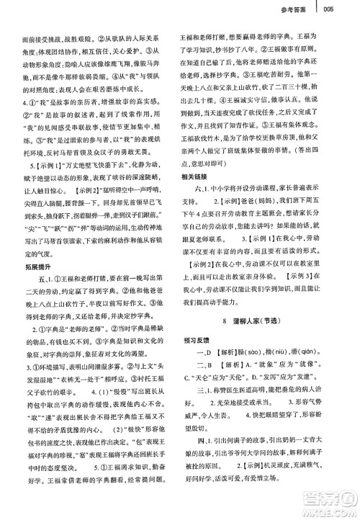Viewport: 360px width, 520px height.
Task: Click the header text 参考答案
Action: pyautogui.click(x=298, y=9)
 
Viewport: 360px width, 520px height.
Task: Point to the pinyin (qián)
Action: pyautogui.click(x=323, y=353)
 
